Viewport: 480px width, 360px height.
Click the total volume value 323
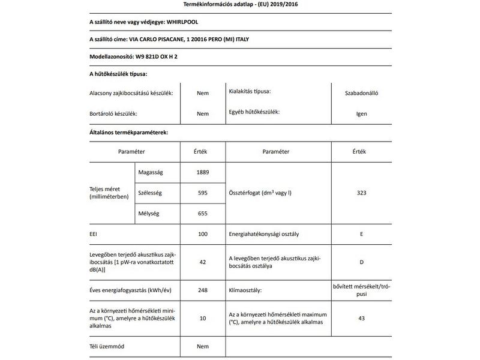pyautogui.click(x=361, y=193)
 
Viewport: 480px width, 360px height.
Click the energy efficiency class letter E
pyautogui.click(x=361, y=233)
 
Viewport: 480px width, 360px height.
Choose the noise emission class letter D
pyautogui.click(x=361, y=262)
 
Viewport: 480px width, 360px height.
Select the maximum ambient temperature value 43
pyautogui.click(x=361, y=318)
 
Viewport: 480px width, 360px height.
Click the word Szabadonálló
pyautogui.click(x=361, y=93)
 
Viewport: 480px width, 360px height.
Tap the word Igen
pyautogui.click(x=361, y=113)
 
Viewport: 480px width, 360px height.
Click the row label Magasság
pyautogui.click(x=151, y=172)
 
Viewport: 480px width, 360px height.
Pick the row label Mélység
pyautogui.click(x=149, y=213)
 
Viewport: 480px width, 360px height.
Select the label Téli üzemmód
pyautogui.click(x=107, y=347)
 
